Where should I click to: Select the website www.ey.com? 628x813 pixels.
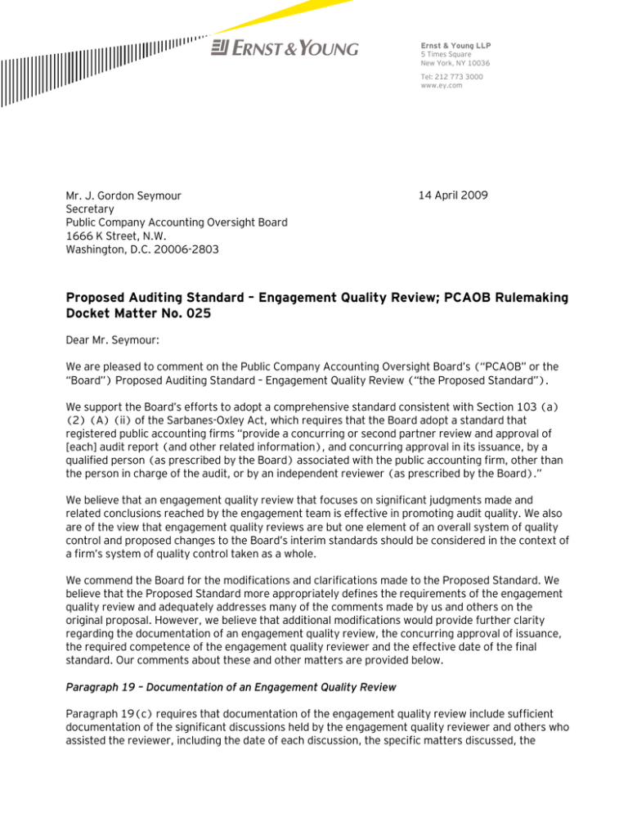tap(442, 86)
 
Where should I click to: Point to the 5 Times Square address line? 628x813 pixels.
tap(450, 54)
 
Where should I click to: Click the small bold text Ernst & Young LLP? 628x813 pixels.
tap(455, 44)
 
